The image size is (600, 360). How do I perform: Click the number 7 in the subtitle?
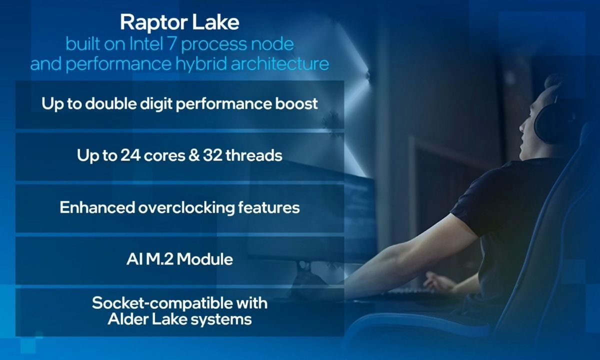[x=171, y=44]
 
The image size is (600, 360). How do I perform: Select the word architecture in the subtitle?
[x=279, y=63]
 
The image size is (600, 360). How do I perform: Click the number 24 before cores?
[x=130, y=155]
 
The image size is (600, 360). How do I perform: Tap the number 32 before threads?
[x=212, y=155]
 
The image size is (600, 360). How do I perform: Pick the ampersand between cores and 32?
[x=194, y=155]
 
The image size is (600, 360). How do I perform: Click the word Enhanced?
[x=97, y=207]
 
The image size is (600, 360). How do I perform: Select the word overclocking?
[x=186, y=208]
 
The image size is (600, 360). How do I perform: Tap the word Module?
[x=204, y=259]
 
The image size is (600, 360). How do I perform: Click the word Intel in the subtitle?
[x=146, y=44]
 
